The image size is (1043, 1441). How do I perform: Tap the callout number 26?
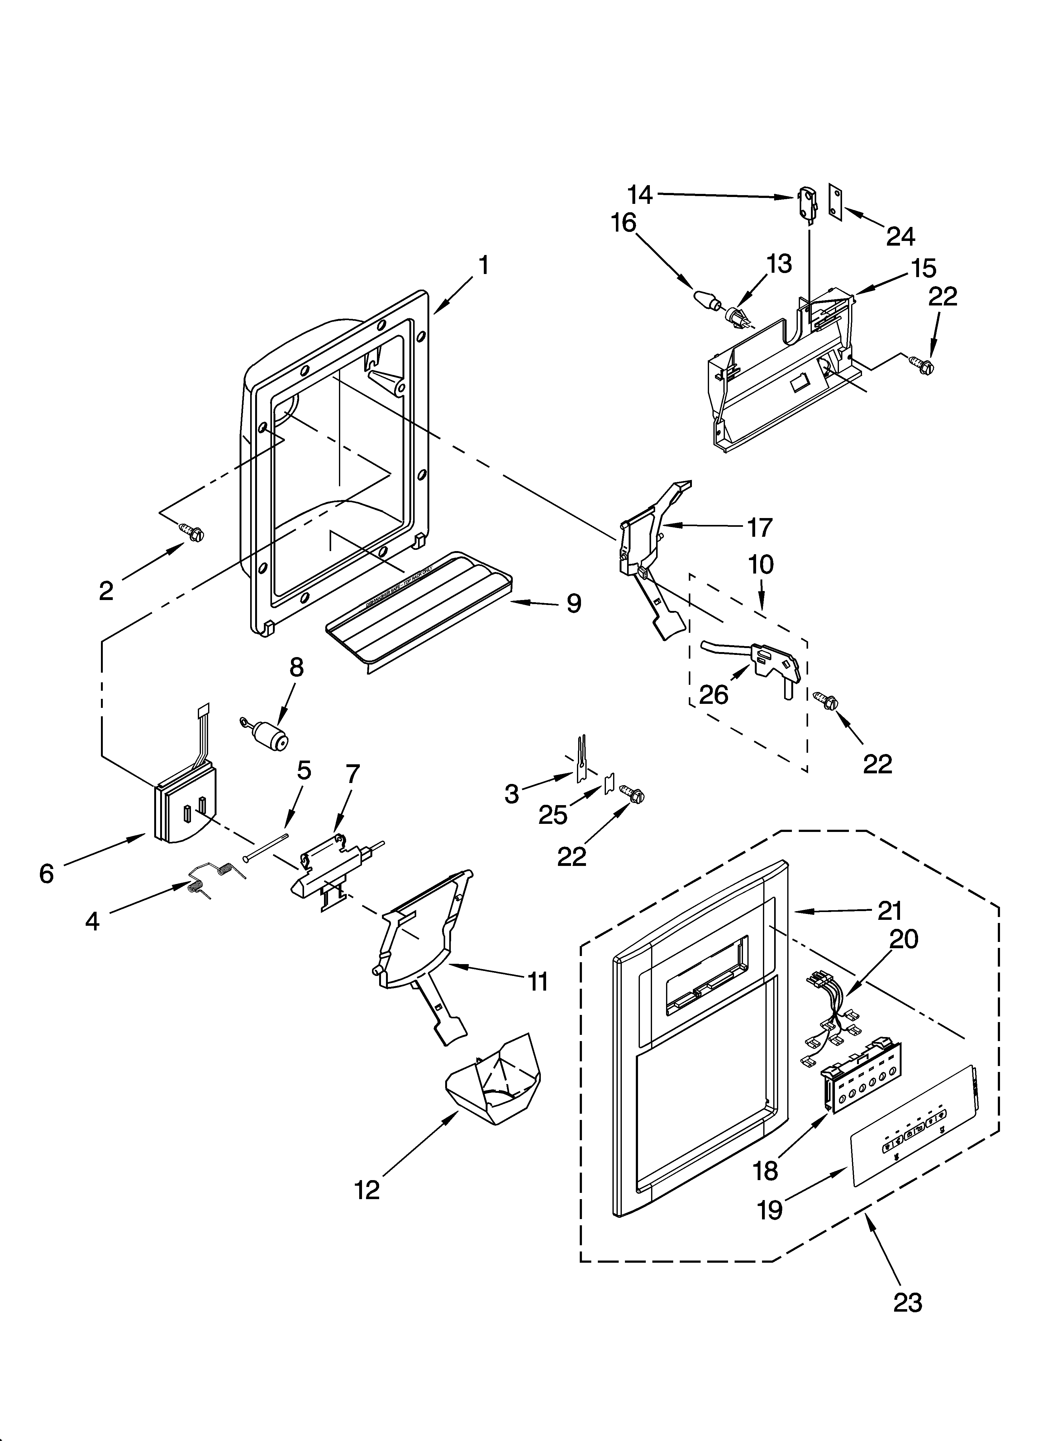pos(713,694)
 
